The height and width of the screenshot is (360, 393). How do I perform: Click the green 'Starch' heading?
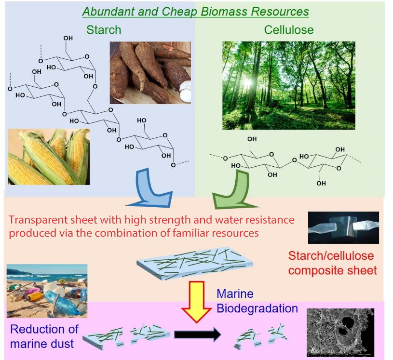coord(104,30)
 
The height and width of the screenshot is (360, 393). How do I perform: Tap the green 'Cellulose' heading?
coord(289,30)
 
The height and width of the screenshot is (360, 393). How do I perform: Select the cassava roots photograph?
coord(150,72)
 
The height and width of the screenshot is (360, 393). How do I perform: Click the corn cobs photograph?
coord(49,157)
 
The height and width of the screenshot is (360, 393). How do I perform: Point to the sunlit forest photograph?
coord(289,85)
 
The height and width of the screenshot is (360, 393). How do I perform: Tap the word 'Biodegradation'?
coord(257,308)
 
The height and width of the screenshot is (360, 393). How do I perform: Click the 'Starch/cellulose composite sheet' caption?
coord(332,263)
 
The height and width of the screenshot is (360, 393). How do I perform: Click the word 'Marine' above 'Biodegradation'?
coord(235,293)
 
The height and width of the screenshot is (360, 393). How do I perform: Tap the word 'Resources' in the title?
coord(284,11)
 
